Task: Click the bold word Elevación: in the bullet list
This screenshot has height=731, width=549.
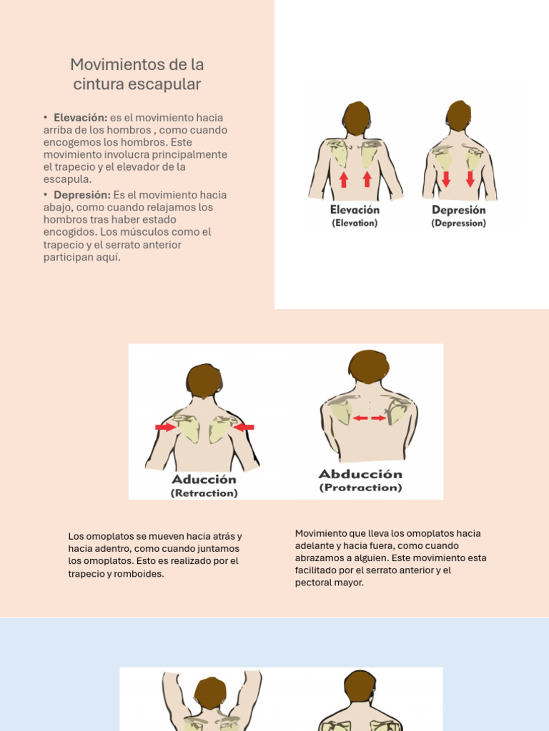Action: coord(80,118)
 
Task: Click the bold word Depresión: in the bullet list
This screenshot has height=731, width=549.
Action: coord(82,195)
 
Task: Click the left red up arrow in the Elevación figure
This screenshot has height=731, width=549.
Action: coord(344,179)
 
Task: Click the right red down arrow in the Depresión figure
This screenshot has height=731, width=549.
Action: coord(470,178)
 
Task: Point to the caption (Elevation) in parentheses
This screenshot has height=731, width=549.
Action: coord(355,223)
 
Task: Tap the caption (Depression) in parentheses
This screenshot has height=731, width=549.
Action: coord(458,223)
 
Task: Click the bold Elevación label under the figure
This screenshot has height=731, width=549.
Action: coord(355,210)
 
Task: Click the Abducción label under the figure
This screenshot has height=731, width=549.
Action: coord(360,474)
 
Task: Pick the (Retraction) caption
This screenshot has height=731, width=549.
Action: coord(204,493)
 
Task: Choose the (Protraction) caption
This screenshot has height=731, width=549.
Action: coord(360,488)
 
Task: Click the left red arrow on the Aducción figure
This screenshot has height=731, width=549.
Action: coord(166,427)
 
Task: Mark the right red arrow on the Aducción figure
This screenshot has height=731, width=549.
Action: coord(243,427)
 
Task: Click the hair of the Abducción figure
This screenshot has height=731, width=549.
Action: coord(369,366)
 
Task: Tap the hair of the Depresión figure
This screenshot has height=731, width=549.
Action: coord(458,115)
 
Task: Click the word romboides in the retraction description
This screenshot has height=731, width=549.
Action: coord(143,574)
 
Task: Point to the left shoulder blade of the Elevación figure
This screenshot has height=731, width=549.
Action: coord(340,153)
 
